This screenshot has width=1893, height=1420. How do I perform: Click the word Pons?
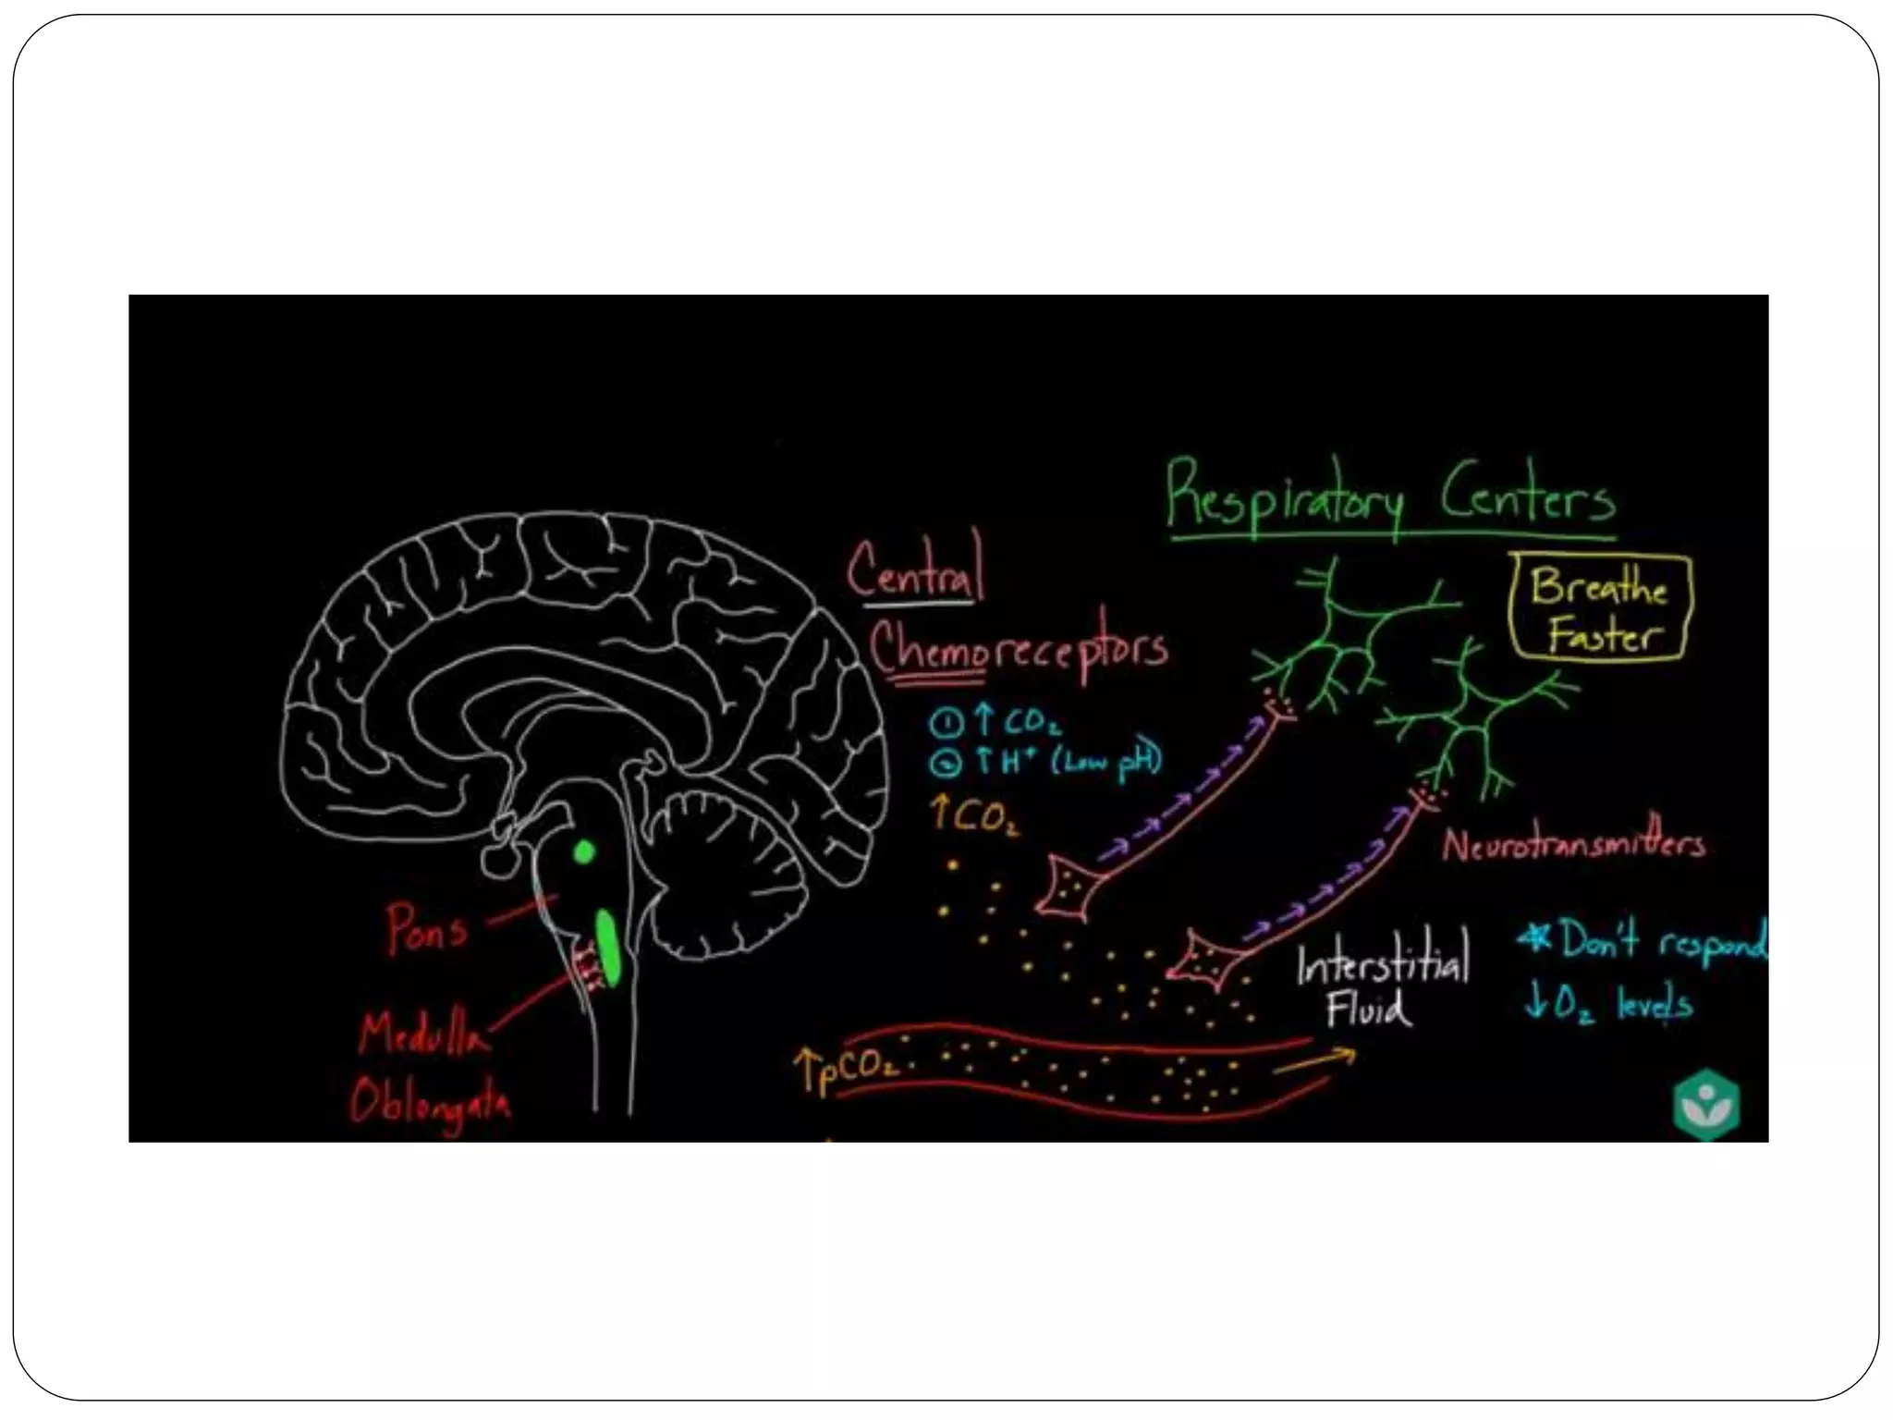click(x=427, y=928)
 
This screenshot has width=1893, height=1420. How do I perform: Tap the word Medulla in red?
click(x=421, y=1034)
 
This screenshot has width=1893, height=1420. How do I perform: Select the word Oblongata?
click(x=430, y=1102)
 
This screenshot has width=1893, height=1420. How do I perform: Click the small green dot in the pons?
click(x=584, y=851)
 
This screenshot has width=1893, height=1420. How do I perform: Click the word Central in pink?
click(x=916, y=569)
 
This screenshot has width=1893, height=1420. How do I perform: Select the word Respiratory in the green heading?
click(x=1286, y=497)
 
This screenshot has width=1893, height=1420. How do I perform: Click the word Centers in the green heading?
click(x=1527, y=499)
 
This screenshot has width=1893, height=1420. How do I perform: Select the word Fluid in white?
click(x=1369, y=1009)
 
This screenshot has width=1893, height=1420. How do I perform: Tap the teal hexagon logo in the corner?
click(x=1706, y=1105)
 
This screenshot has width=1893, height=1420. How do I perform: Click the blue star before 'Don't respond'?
click(x=1536, y=939)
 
